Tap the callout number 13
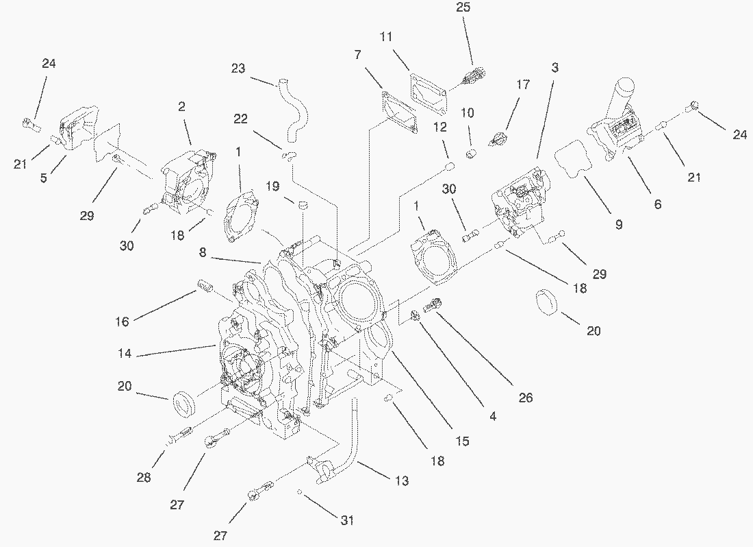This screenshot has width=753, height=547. click(x=402, y=481)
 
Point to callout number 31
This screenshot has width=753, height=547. click(x=347, y=521)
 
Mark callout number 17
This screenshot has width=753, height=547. click(x=523, y=86)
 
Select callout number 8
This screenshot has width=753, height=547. click(x=203, y=253)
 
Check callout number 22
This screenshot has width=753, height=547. click(x=240, y=119)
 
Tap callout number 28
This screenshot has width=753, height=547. click(x=143, y=478)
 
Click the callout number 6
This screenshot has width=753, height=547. click(x=657, y=204)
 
